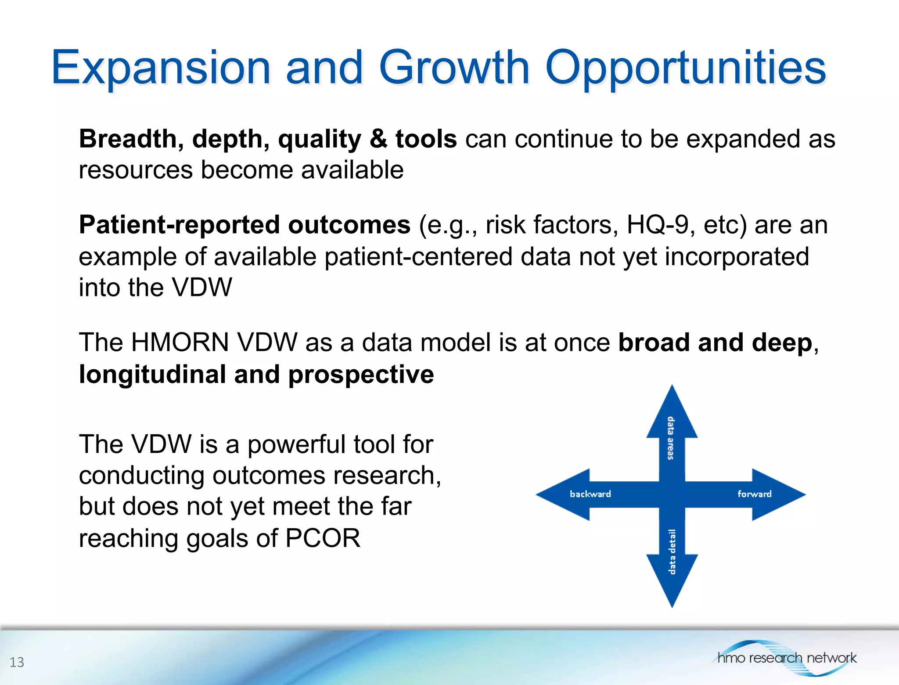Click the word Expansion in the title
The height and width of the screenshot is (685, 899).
pyautogui.click(x=161, y=68)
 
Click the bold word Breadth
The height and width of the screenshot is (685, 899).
pyautogui.click(x=128, y=139)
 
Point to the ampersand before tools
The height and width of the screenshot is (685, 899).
pyautogui.click(x=378, y=139)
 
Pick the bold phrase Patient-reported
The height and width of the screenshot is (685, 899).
pyautogui.click(x=179, y=225)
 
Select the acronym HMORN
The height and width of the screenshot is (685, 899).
pyautogui.click(x=180, y=342)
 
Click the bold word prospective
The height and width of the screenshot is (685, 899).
pyautogui.click(x=361, y=375)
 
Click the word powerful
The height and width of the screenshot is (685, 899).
pyautogui.click(x=296, y=444)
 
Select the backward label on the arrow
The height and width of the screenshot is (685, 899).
pyautogui.click(x=590, y=494)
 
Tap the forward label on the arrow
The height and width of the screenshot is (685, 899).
pyautogui.click(x=754, y=494)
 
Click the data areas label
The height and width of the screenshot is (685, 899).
pyautogui.click(x=671, y=438)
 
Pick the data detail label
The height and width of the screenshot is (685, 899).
pyautogui.click(x=672, y=552)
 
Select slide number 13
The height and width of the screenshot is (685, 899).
pyautogui.click(x=17, y=662)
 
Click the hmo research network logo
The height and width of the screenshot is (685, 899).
pyautogui.click(x=786, y=658)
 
